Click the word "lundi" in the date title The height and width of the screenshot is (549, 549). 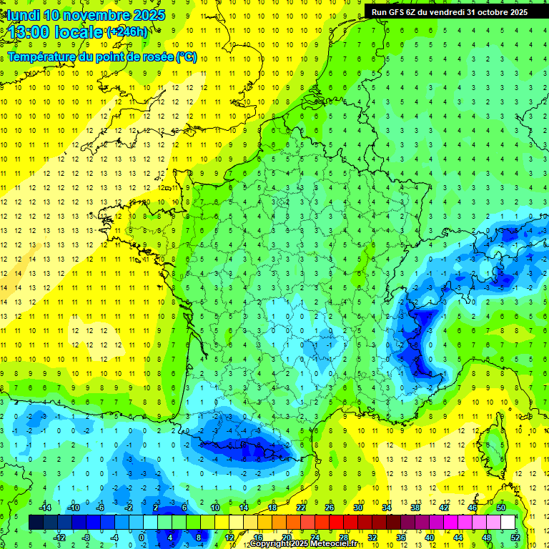tap(23, 15)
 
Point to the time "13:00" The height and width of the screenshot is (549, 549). tap(31, 32)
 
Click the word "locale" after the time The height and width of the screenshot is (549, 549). tap(79, 32)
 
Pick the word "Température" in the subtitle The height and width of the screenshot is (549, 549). tap(44, 56)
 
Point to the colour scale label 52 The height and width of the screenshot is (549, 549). tap(515, 537)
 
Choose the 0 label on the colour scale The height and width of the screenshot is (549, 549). tap(142, 537)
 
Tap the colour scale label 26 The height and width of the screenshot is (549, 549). tap(330, 508)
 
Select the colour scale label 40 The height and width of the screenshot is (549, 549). tap(429, 537)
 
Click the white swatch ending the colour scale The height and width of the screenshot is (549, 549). tap(508, 522)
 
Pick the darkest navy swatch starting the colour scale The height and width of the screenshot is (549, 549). tap(36, 522)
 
